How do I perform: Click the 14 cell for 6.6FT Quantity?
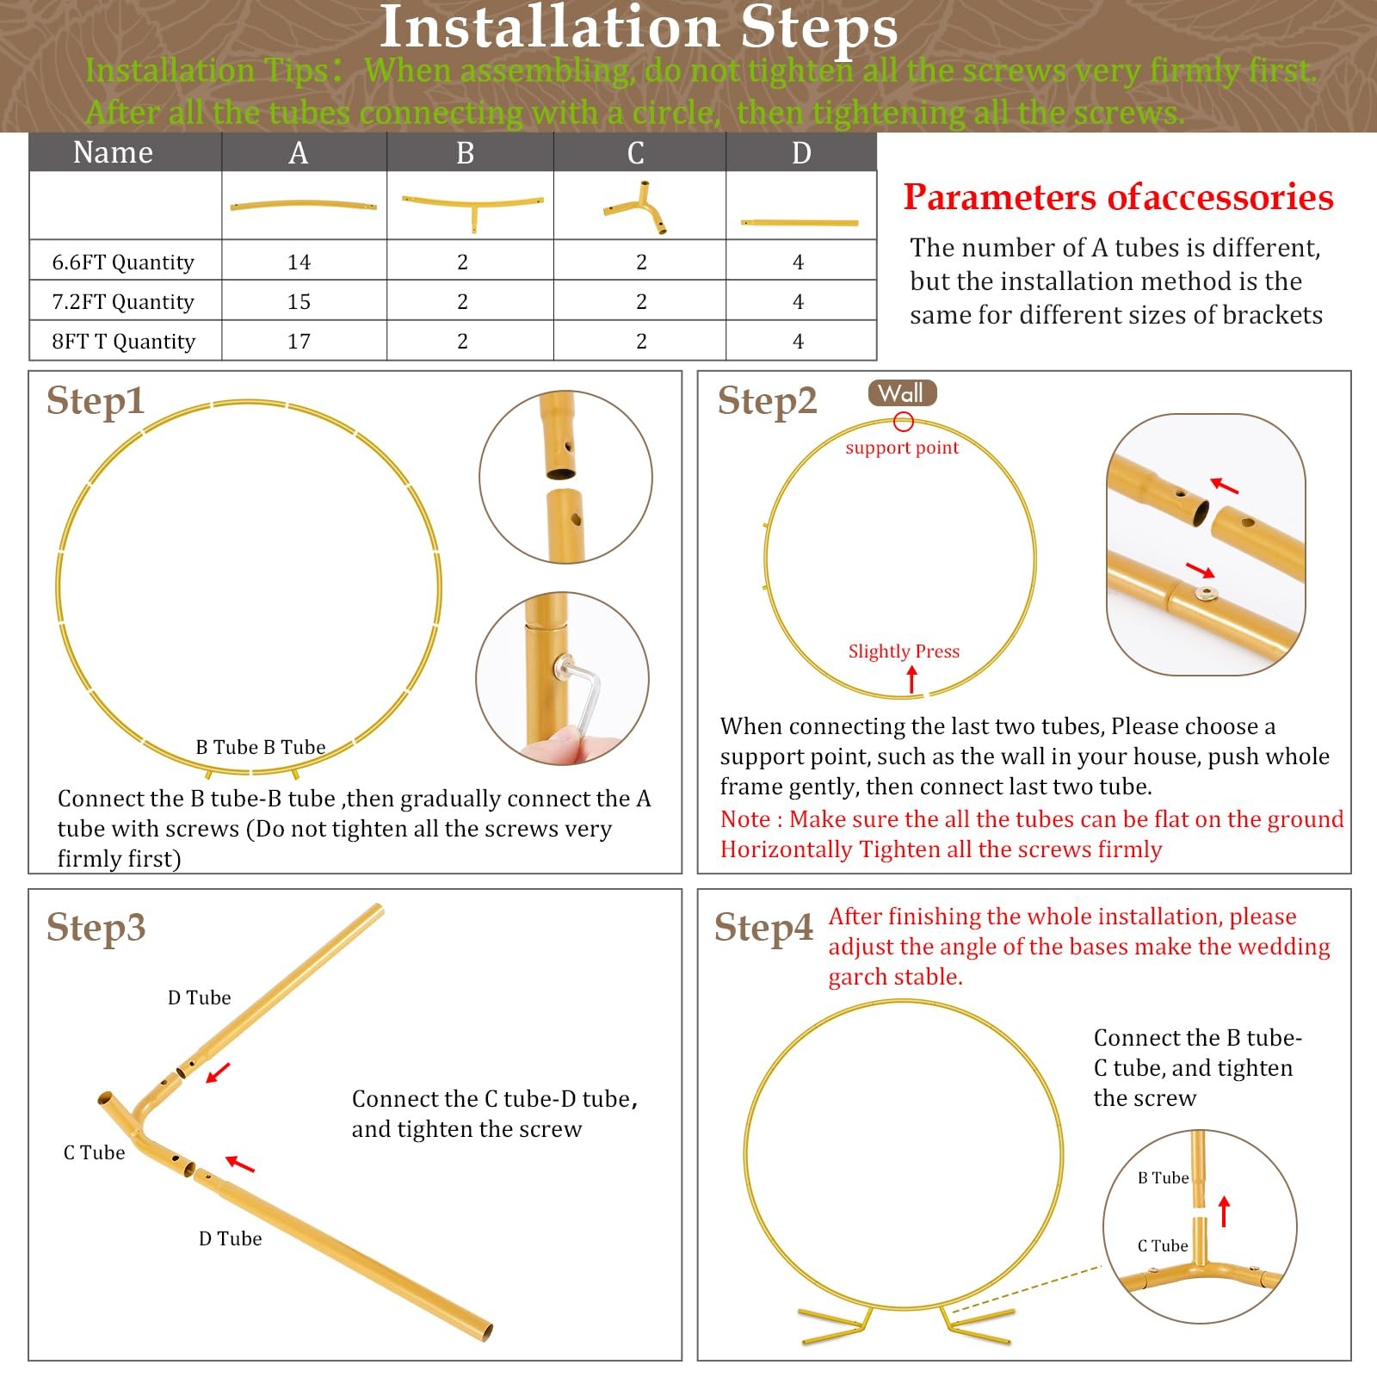(x=299, y=262)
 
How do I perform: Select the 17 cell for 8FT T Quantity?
(x=299, y=341)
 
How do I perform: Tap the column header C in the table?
(x=636, y=153)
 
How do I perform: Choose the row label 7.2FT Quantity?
(x=123, y=302)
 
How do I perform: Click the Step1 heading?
(x=96, y=400)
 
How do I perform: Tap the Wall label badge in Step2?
(x=902, y=393)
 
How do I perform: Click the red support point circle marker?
(x=903, y=421)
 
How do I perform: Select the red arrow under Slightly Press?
(x=912, y=680)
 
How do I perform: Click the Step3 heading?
(x=96, y=927)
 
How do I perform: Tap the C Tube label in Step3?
(x=95, y=1152)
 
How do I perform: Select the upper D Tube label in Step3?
(x=200, y=997)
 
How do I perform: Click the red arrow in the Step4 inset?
(x=1225, y=1212)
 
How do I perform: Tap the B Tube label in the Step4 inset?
(x=1164, y=1177)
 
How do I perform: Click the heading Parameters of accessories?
(x=1118, y=197)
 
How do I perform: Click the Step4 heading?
(x=763, y=927)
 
